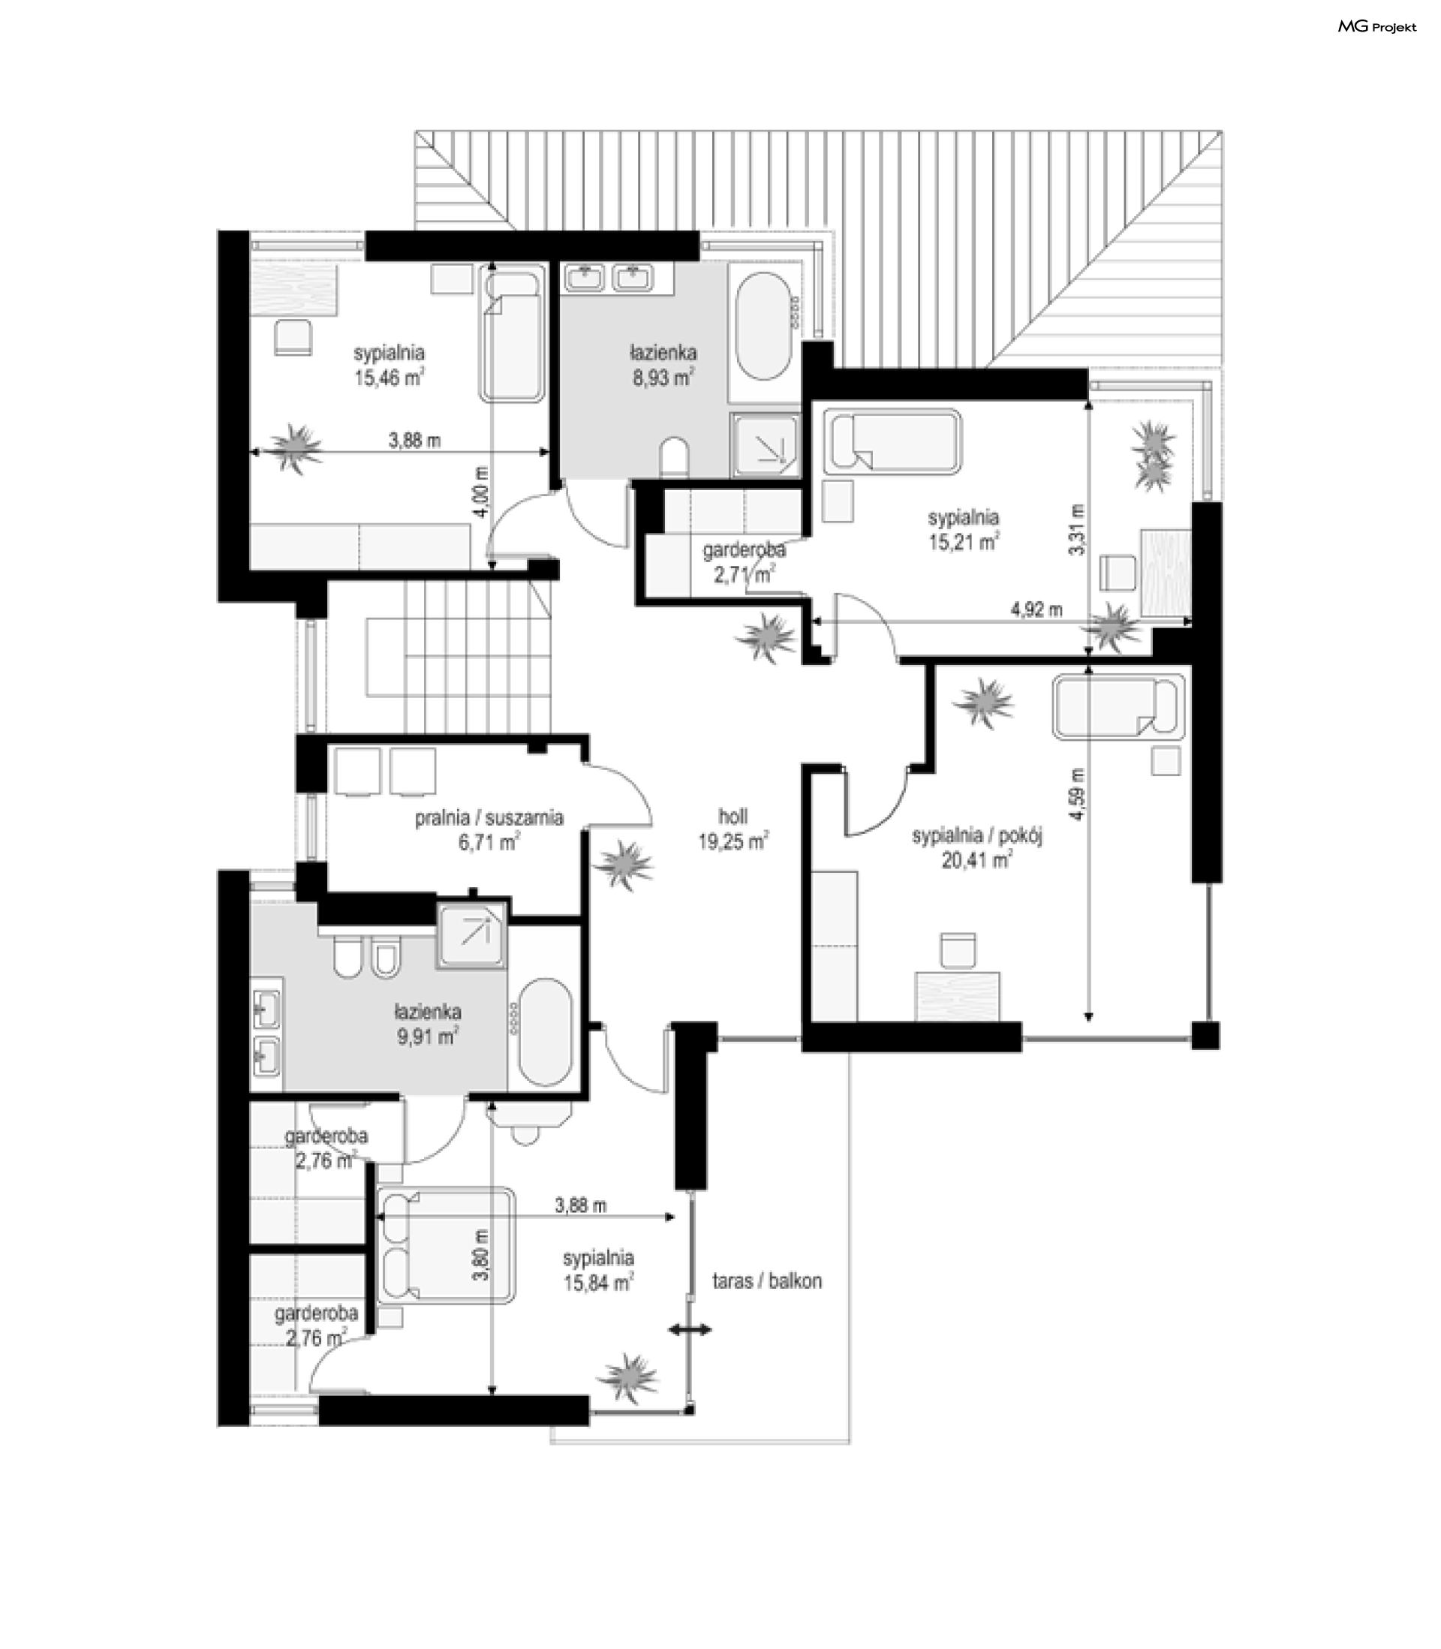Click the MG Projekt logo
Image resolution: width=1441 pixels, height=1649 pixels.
pyautogui.click(x=1376, y=26)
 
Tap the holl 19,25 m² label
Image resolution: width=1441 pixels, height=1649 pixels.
pyautogui.click(x=733, y=829)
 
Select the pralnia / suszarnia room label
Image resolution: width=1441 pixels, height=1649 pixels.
pyautogui.click(x=489, y=817)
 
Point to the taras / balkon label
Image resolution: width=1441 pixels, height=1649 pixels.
pyautogui.click(x=767, y=1280)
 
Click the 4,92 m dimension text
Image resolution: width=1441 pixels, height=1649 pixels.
pyautogui.click(x=1036, y=609)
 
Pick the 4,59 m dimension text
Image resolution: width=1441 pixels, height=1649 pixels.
pyautogui.click(x=1077, y=793)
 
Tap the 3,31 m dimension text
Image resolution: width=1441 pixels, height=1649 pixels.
pyautogui.click(x=1077, y=529)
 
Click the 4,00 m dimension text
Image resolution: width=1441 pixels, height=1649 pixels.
pyautogui.click(x=480, y=492)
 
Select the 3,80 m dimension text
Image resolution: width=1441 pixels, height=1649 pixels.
pyautogui.click(x=481, y=1255)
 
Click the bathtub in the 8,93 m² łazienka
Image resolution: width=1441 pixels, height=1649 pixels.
pyautogui.click(x=764, y=327)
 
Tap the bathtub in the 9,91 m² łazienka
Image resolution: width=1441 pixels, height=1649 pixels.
pyautogui.click(x=545, y=1031)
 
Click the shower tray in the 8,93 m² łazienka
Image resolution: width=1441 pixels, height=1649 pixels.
pyautogui.click(x=765, y=444)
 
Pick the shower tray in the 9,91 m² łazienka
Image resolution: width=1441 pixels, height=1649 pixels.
pyautogui.click(x=472, y=935)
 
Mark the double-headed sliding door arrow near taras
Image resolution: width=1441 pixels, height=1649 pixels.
pyautogui.click(x=690, y=1330)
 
